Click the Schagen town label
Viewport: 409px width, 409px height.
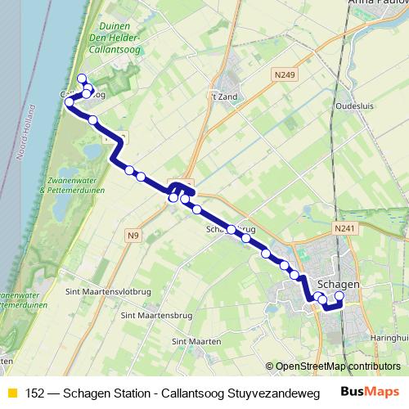pyautogui.click(x=338, y=285)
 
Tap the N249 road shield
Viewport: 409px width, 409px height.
pyautogui.click(x=284, y=74)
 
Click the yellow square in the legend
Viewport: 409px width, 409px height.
pyautogui.click(x=11, y=393)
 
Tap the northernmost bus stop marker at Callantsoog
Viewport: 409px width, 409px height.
pyautogui.click(x=81, y=79)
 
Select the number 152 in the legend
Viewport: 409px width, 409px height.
pyautogui.click(x=34, y=393)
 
